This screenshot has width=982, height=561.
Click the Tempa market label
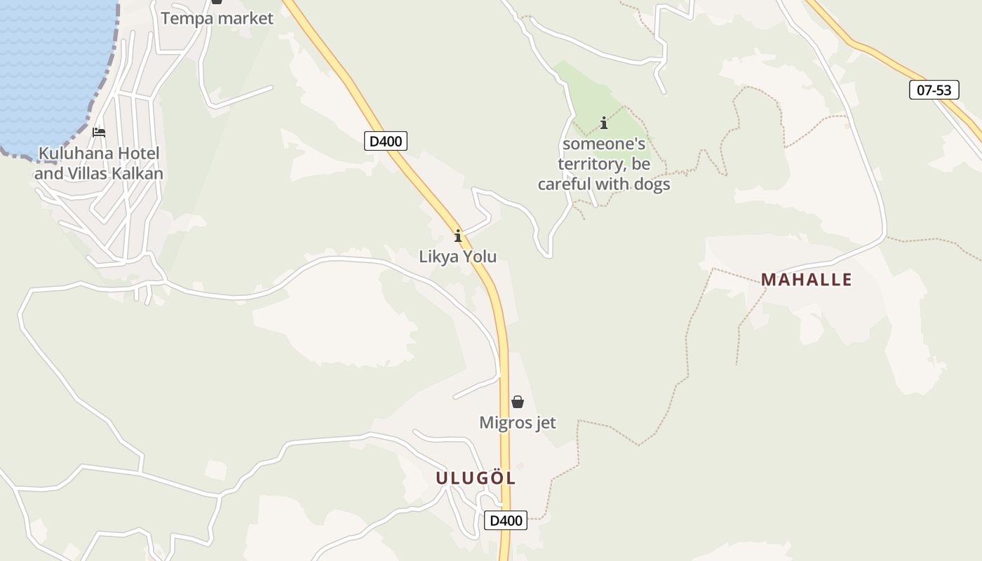pyautogui.click(x=217, y=18)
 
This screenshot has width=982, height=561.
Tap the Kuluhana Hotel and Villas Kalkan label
pyautogui.click(x=99, y=163)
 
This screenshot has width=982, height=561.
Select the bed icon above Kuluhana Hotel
pyautogui.click(x=99, y=132)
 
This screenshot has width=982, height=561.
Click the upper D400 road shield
pyautogui.click(x=385, y=141)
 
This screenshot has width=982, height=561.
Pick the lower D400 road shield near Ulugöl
pyautogui.click(x=505, y=520)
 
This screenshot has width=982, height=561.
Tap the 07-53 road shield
pyautogui.click(x=934, y=90)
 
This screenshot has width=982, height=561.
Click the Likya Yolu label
pyautogui.click(x=457, y=257)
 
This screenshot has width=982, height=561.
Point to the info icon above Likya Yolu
pyautogui.click(x=458, y=236)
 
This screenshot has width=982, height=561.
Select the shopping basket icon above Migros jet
pyautogui.click(x=518, y=402)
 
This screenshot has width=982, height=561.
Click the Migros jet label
pyautogui.click(x=518, y=423)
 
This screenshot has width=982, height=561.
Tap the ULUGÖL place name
pyautogui.click(x=476, y=478)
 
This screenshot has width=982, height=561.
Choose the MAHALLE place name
pyautogui.click(x=807, y=280)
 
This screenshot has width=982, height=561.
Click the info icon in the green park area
pyautogui.click(x=604, y=123)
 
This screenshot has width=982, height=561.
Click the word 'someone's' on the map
pyautogui.click(x=604, y=144)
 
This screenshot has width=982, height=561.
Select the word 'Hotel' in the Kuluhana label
pyautogui.click(x=137, y=153)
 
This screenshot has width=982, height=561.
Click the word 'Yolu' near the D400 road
pyautogui.click(x=480, y=257)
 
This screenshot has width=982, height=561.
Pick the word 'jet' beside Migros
pyautogui.click(x=544, y=423)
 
